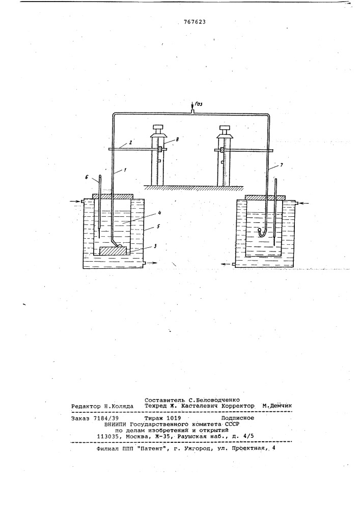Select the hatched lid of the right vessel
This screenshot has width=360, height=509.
pos(265,197)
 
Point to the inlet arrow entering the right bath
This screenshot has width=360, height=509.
pos(304,203)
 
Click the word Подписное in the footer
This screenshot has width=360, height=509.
pos(238,418)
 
